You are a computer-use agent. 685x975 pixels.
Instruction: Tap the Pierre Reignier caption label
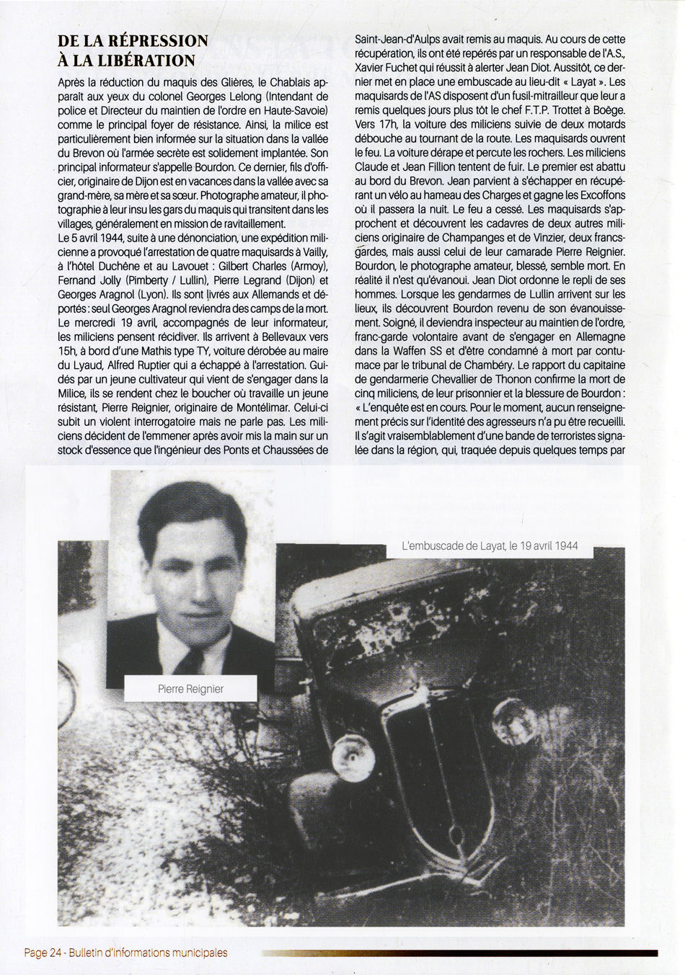(x=190, y=689)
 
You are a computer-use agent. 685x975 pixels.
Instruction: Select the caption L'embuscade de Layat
(x=490, y=546)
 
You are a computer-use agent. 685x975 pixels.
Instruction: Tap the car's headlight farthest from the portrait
(x=509, y=715)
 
